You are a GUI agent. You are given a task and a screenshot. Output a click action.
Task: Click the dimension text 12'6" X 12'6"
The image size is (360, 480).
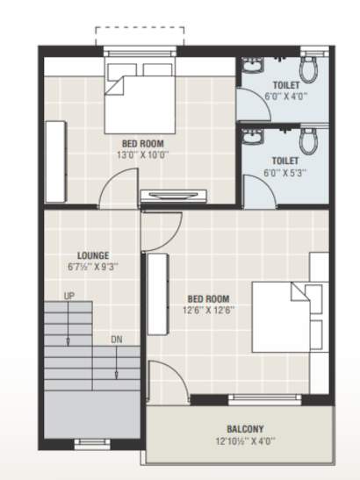208,310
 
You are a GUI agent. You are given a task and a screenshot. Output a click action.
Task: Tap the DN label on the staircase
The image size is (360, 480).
116,339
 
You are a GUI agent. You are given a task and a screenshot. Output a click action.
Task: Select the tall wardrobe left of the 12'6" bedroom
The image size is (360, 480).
158,293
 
